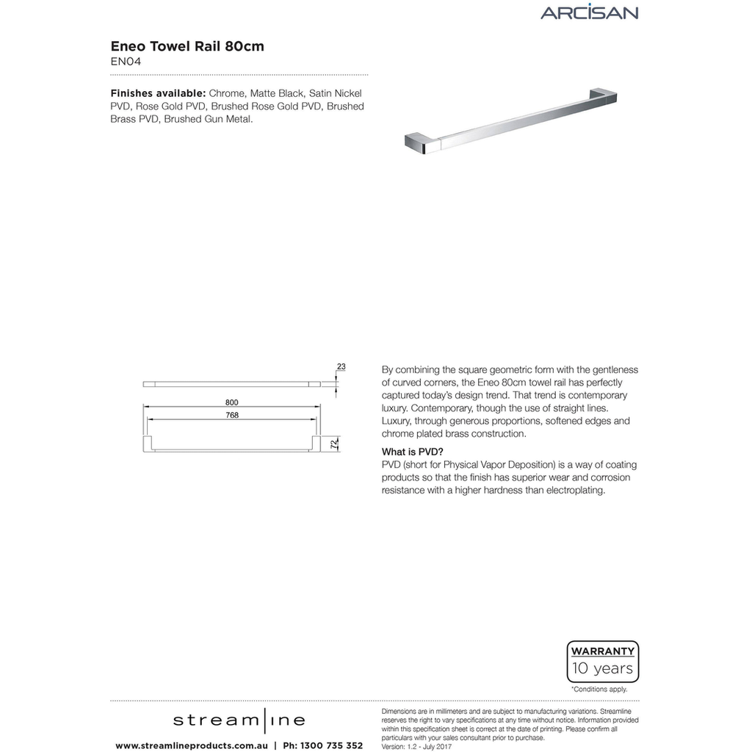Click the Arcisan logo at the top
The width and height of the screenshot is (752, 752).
click(x=589, y=12)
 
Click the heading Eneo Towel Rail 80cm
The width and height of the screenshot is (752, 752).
click(x=187, y=46)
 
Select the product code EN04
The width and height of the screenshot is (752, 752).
click(x=126, y=62)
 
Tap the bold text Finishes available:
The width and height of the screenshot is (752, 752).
click(x=158, y=94)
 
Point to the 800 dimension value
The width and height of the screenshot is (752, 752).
click(x=232, y=402)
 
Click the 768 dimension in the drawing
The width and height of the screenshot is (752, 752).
click(x=232, y=415)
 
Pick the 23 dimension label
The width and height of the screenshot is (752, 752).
click(x=341, y=366)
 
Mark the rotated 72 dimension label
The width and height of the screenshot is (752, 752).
click(x=333, y=444)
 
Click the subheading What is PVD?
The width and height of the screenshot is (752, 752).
click(x=413, y=452)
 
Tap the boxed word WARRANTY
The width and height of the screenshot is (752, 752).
click(x=603, y=651)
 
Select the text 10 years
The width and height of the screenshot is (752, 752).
click(x=603, y=668)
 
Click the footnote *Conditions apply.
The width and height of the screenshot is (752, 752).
click(x=599, y=690)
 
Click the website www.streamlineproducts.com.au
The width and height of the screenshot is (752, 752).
click(x=191, y=745)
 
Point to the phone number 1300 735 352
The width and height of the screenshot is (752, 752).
click(x=322, y=745)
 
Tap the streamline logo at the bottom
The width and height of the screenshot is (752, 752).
click(x=239, y=720)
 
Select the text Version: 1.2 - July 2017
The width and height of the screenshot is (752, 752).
click(x=416, y=747)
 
